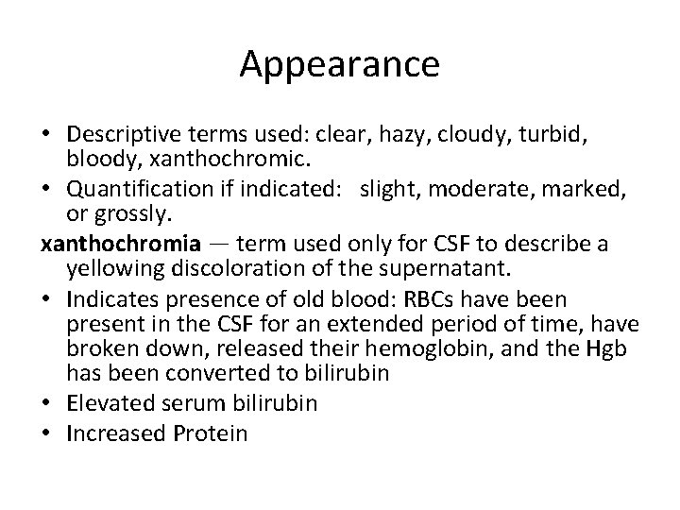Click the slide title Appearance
point(339,64)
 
